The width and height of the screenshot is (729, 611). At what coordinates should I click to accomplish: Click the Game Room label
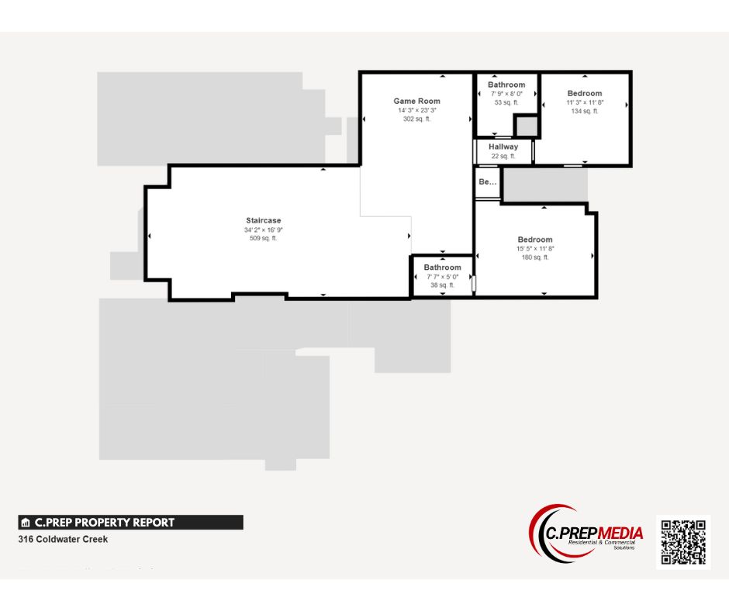(x=416, y=101)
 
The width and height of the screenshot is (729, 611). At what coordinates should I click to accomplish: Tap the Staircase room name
(x=264, y=220)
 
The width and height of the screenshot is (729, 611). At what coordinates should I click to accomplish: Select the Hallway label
(x=503, y=147)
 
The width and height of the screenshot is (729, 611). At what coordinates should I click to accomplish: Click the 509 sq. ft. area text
(x=264, y=238)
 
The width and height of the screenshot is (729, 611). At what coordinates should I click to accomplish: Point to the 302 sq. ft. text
(x=416, y=119)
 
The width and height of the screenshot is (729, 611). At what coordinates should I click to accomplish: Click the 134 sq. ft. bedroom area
(x=584, y=111)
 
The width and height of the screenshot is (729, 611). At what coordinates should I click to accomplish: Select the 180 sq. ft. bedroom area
(x=535, y=257)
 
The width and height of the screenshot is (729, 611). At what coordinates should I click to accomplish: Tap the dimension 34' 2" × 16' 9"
(x=264, y=230)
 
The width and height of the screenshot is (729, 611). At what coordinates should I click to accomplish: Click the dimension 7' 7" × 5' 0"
(x=442, y=277)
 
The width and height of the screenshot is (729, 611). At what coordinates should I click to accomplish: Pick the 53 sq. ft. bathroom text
(x=506, y=102)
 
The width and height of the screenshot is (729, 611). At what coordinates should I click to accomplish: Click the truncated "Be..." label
(x=487, y=182)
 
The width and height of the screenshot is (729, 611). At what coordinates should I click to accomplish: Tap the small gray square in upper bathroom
(x=527, y=126)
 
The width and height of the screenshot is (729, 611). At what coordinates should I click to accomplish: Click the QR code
(x=682, y=542)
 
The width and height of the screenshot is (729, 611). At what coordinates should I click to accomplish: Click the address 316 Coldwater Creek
(x=63, y=539)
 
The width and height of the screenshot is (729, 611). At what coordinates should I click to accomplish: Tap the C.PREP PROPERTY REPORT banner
(x=130, y=523)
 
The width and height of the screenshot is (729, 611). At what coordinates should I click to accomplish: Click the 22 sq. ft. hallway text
(x=503, y=156)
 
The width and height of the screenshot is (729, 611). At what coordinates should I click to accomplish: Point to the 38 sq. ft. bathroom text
(x=442, y=285)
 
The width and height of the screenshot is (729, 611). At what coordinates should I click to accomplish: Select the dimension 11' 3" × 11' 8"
(x=584, y=102)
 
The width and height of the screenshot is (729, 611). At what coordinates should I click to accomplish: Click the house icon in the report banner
(x=26, y=523)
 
